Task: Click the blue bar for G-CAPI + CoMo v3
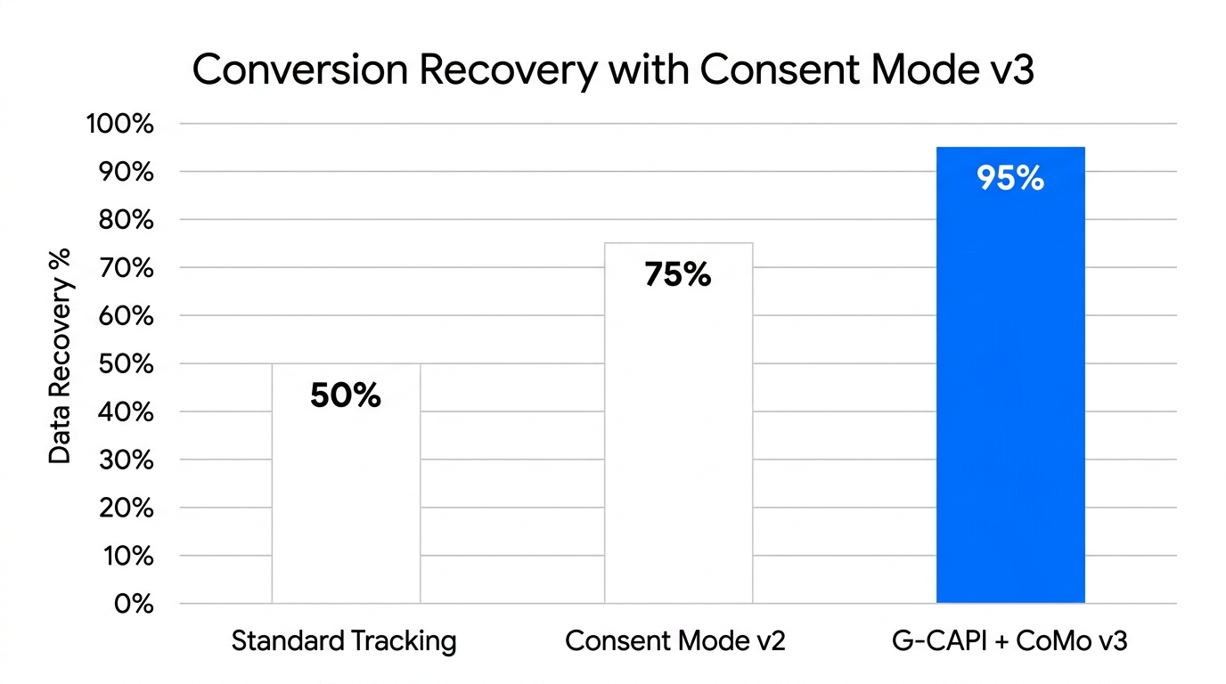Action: pos(1010,392)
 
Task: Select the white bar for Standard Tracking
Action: pos(346,499)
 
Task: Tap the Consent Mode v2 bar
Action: pos(678,445)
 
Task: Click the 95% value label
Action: pos(1009,179)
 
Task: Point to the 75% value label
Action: pos(677,275)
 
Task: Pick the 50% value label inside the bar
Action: pos(346,395)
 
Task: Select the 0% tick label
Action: pos(134,604)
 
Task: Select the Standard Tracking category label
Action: pos(344,641)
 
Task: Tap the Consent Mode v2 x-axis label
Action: pos(675,641)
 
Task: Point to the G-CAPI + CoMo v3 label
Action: pos(1009,641)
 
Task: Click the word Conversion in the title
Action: pos(294,70)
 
